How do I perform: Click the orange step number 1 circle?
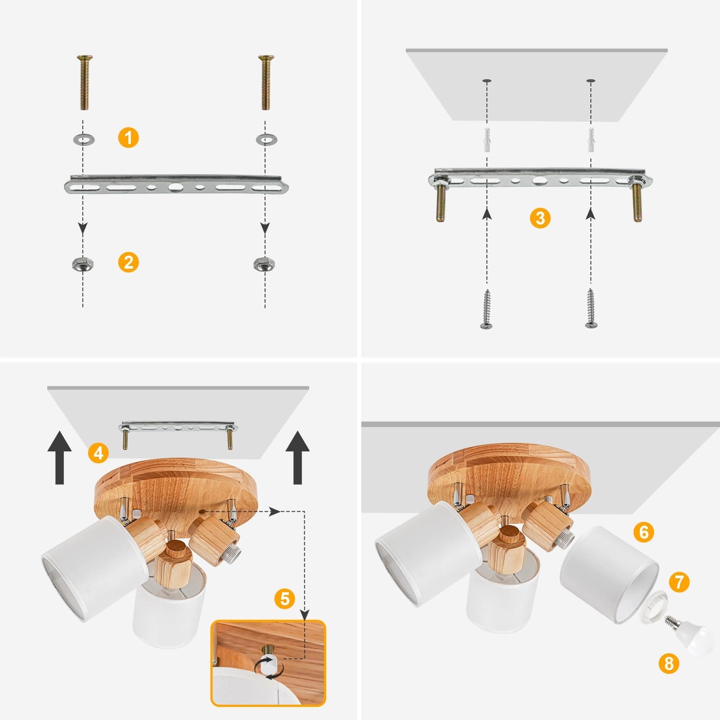128,137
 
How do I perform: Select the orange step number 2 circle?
128,262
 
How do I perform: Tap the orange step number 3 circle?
540,218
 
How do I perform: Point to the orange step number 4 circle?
99,452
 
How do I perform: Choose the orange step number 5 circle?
285,599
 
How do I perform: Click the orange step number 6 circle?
643,532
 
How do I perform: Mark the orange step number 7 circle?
679,582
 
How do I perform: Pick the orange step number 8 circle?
669,663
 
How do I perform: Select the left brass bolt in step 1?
84,82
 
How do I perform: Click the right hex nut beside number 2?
261,264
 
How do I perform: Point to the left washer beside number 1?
83,139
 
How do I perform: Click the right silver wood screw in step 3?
591,309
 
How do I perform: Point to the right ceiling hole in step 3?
591,81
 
